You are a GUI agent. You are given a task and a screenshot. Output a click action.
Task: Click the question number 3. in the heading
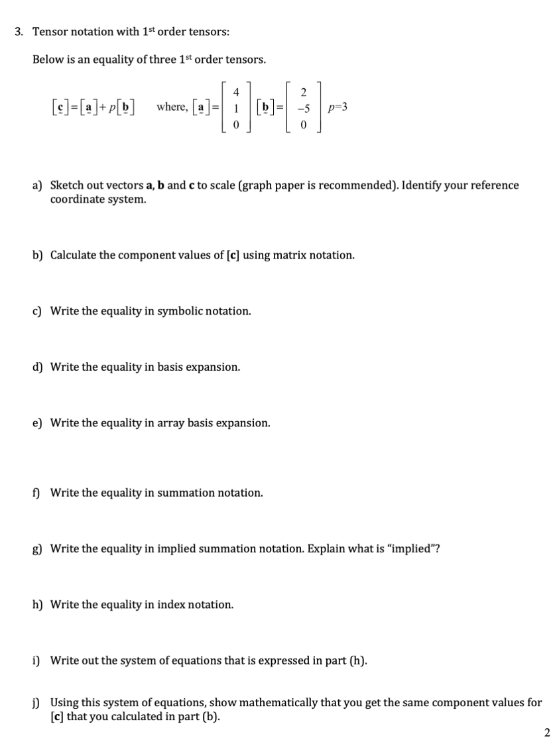[x=19, y=31]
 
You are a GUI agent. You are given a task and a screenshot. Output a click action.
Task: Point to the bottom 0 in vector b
[x=303, y=124]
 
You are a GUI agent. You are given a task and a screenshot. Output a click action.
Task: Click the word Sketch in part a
[x=68, y=185]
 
